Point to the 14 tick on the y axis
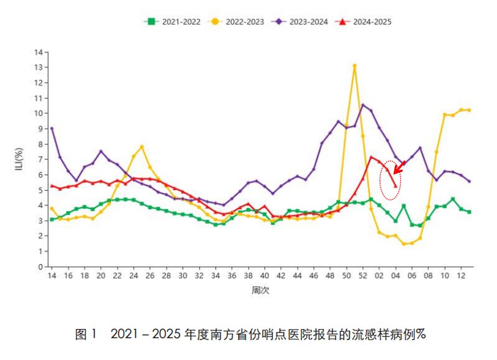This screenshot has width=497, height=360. pyautogui.click(x=38, y=52)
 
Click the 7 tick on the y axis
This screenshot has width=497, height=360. pyautogui.click(x=40, y=159)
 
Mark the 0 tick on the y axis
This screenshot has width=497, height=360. pyautogui.click(x=40, y=267)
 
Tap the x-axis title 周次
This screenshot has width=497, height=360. pyautogui.click(x=260, y=290)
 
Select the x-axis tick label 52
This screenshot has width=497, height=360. pyautogui.click(x=363, y=276)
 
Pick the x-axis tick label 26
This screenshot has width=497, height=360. pyautogui.click(x=150, y=276)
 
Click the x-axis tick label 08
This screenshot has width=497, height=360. pyautogui.click(x=428, y=276)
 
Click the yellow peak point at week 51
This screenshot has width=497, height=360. pyautogui.click(x=354, y=65)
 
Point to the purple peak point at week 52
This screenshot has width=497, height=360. pyautogui.click(x=363, y=105)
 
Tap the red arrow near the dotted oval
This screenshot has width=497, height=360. pyautogui.click(x=399, y=167)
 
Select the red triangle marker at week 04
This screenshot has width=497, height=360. pyautogui.click(x=395, y=186)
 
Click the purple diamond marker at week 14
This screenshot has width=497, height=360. pyautogui.click(x=52, y=128)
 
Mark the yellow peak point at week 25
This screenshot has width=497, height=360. pyautogui.click(x=142, y=146)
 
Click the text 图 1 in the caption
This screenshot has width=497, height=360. pyautogui.click(x=87, y=335)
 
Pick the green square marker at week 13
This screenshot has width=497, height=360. pyautogui.click(x=469, y=212)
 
